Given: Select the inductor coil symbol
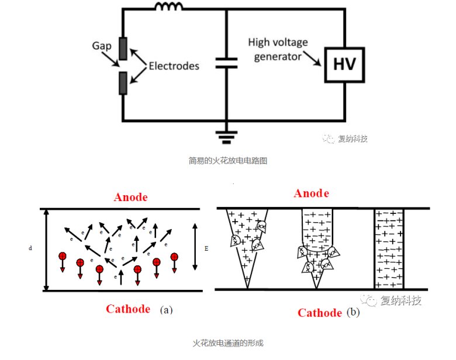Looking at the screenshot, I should point(168,8).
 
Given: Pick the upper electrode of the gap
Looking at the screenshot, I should point(123,49).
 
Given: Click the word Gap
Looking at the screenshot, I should point(101,45).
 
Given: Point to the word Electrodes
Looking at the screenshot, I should point(174,66).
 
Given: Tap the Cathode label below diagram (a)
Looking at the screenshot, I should point(128,309).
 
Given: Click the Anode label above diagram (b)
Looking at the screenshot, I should point(312,193).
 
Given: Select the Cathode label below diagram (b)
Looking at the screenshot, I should point(319,313).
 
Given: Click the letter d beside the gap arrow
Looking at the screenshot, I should point(30,248).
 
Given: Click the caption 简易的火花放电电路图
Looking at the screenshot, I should point(227,160).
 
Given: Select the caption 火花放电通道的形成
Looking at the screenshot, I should point(227,342).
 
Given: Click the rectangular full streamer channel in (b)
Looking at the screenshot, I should point(389,249).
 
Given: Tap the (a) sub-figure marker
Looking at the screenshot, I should point(167,310).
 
